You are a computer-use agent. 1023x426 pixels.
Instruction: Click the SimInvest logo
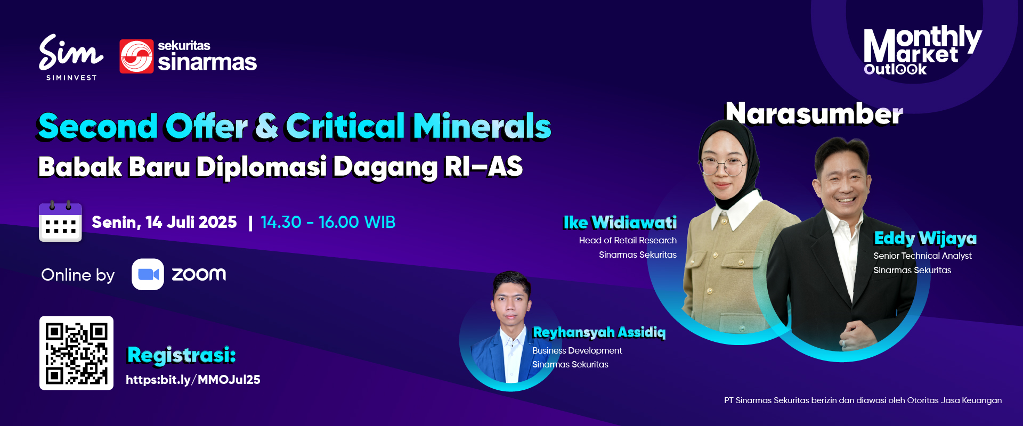[x=71, y=57]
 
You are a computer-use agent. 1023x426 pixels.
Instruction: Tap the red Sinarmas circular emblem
[x=136, y=56]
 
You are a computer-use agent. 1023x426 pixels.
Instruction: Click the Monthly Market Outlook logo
[x=922, y=50]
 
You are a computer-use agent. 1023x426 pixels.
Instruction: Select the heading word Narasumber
[x=814, y=113]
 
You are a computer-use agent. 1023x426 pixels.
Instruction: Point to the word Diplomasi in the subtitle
[x=261, y=167]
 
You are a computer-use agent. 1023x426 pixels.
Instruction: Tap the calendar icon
[x=60, y=222]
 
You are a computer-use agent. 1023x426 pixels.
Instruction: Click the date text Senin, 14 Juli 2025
[x=164, y=222]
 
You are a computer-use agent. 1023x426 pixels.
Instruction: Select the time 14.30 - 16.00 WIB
[x=328, y=222]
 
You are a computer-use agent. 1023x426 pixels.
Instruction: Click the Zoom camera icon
[x=148, y=274]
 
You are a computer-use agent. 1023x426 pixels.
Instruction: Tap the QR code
[x=76, y=353]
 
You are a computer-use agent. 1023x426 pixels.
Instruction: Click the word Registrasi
[x=181, y=355]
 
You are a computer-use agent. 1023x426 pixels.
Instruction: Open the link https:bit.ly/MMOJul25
[x=193, y=380]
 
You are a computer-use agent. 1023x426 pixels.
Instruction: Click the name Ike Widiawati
[x=620, y=223]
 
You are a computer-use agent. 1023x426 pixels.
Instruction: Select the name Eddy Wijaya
[x=925, y=238]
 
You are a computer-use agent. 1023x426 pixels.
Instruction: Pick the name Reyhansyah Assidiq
[x=599, y=332]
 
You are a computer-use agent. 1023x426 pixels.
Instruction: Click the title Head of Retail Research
[x=628, y=240]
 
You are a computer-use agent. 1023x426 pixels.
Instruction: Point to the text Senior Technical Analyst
[x=922, y=256]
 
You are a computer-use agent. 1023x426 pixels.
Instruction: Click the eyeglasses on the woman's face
[x=723, y=167]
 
